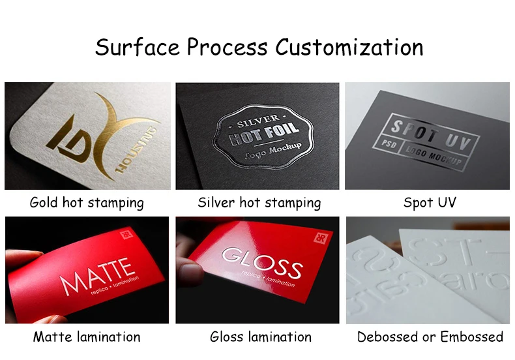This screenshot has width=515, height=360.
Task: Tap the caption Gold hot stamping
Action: pos(87,202)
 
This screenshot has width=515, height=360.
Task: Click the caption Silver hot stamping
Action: pos(259,203)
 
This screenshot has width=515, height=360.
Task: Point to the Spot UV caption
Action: pos(430,202)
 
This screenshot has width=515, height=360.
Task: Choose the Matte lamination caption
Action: pos(87,337)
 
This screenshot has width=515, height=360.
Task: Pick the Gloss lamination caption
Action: pos(260,337)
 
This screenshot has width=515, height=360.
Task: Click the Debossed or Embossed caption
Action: pos(430,337)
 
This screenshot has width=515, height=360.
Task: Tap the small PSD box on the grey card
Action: pos(390,143)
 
